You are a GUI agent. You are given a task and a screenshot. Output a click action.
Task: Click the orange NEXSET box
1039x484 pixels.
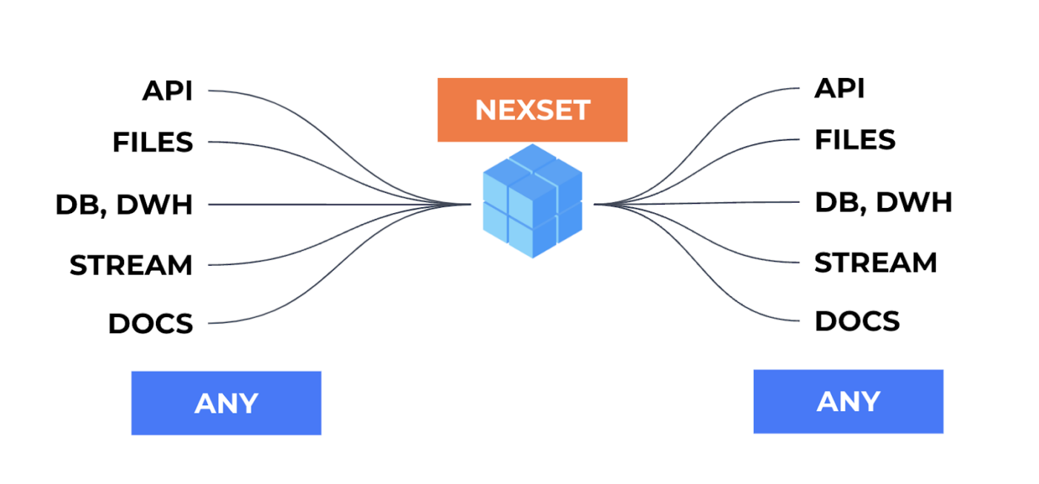tap(532, 110)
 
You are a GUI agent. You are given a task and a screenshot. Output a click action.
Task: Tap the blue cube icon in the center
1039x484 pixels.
tap(532, 201)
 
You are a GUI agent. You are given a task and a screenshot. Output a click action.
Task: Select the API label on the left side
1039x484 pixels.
tap(167, 91)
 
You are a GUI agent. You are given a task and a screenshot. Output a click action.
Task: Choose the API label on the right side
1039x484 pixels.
tap(839, 88)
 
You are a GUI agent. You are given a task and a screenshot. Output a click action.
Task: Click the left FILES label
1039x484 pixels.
tap(153, 142)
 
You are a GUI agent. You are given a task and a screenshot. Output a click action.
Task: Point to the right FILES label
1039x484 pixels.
tap(855, 140)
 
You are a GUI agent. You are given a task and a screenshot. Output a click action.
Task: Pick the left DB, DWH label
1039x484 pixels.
tap(124, 205)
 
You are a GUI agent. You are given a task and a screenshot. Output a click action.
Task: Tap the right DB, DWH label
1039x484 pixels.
tap(883, 202)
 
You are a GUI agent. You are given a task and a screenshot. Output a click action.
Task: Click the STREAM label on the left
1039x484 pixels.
tap(131, 265)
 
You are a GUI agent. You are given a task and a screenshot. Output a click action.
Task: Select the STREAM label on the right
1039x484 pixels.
tap(876, 263)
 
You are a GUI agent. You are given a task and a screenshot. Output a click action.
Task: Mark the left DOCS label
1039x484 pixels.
tap(151, 324)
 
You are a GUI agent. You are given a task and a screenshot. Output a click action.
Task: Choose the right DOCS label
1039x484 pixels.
tap(857, 321)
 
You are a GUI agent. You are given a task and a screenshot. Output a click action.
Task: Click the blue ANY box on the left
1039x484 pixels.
tap(226, 403)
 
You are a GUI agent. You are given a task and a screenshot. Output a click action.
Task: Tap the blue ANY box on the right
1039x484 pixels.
tap(848, 402)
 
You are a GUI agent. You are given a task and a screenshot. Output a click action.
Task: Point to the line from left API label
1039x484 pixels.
tap(245, 93)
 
